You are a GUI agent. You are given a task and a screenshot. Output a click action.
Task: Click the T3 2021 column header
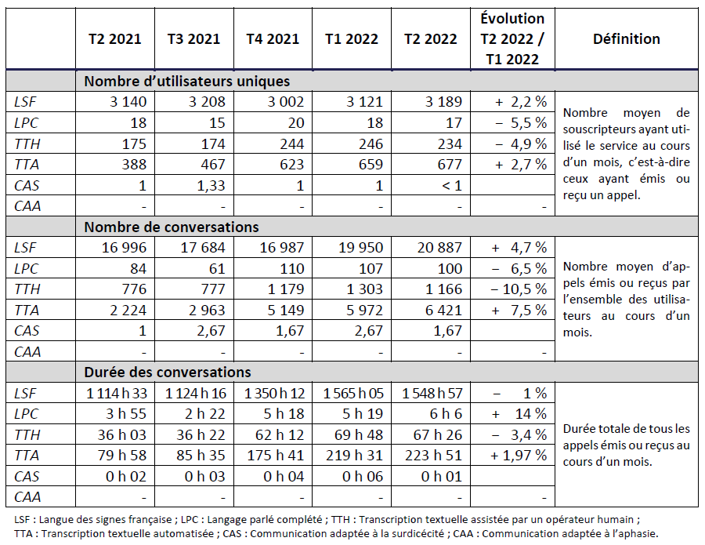tap(193, 39)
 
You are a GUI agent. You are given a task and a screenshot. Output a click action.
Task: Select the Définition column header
tap(626, 39)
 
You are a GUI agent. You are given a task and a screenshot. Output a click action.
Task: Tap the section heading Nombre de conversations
tap(171, 227)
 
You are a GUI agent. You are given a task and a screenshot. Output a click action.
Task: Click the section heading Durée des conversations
tap(168, 372)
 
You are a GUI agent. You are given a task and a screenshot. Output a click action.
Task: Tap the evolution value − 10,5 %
tap(515, 289)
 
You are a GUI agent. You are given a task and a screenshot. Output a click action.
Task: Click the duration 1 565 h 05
tap(352, 394)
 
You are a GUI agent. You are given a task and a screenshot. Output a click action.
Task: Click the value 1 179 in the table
tap(283, 289)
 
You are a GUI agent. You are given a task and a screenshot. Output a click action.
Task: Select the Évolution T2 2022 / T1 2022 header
tap(512, 39)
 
